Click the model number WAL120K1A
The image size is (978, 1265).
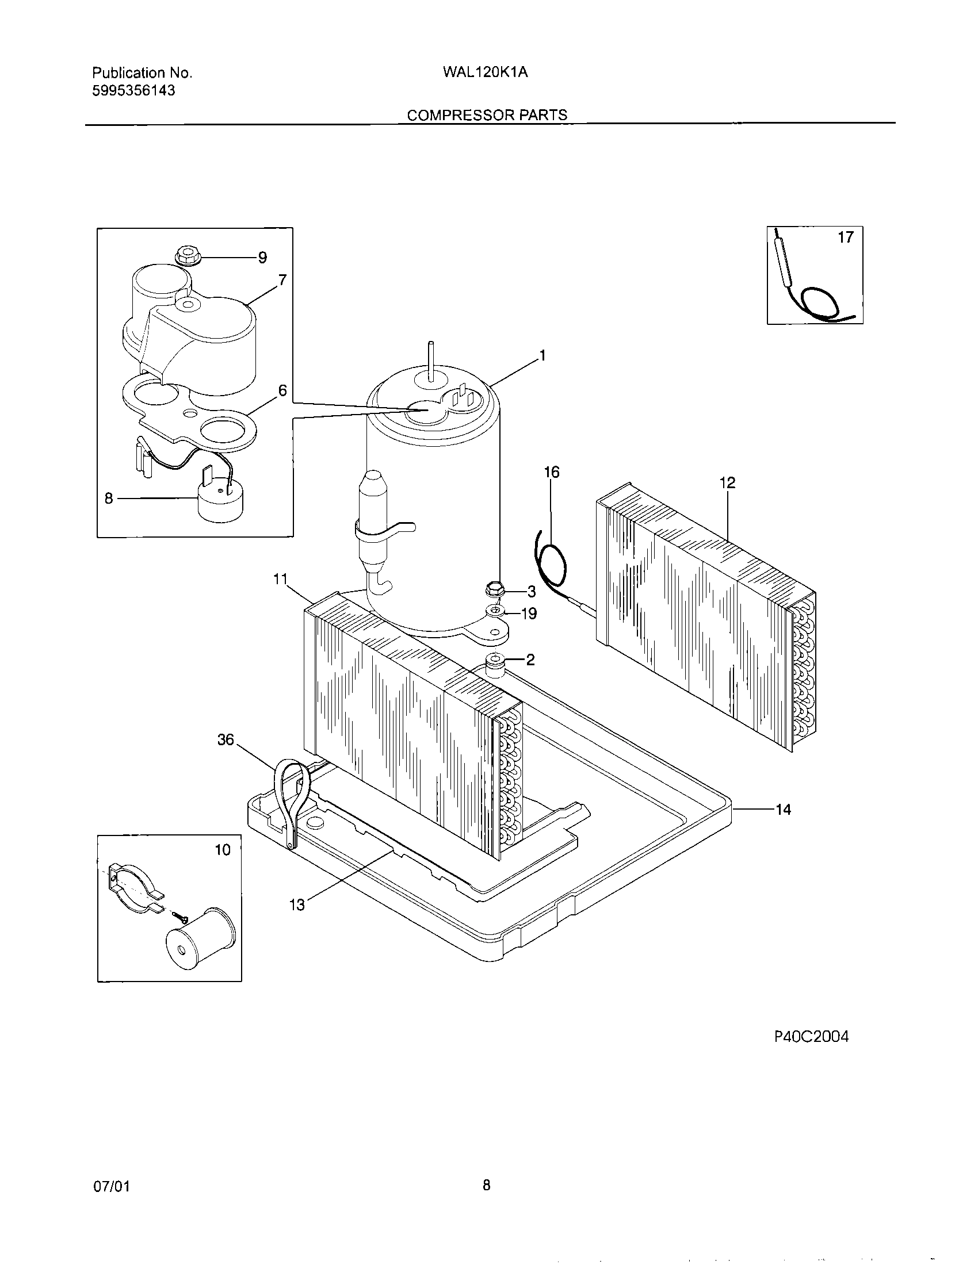(x=485, y=73)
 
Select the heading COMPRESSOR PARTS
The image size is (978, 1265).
(x=487, y=115)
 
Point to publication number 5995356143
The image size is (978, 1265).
(x=134, y=91)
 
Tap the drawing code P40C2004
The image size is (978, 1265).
(x=811, y=1037)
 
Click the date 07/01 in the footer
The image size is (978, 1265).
(x=111, y=1187)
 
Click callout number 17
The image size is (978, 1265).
(x=846, y=237)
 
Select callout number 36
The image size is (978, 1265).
(x=226, y=739)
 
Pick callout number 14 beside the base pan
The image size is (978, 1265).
(x=783, y=810)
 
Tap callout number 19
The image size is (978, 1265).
(x=529, y=614)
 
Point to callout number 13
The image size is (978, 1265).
(x=297, y=904)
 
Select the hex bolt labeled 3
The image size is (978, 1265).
(x=494, y=591)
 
